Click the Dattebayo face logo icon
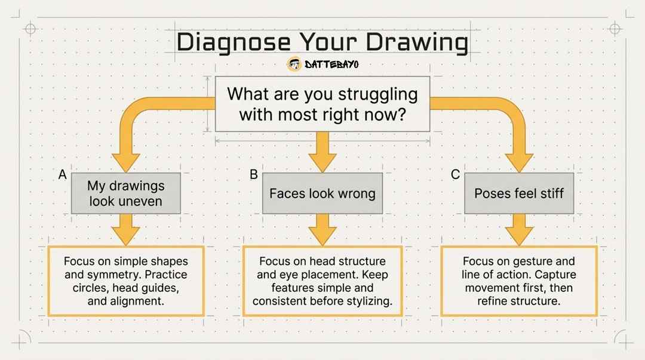(x=294, y=64)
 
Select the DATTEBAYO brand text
(x=331, y=64)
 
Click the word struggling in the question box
(x=378, y=95)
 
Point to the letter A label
(x=63, y=174)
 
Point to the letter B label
(x=254, y=174)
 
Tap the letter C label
(x=455, y=174)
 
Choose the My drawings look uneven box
(x=126, y=193)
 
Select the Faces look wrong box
(x=322, y=193)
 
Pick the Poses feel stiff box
(x=519, y=193)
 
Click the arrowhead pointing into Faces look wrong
(x=322, y=163)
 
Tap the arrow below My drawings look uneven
(x=126, y=230)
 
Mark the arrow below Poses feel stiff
(x=519, y=230)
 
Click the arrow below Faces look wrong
(x=322, y=230)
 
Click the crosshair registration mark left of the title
(x=30, y=29)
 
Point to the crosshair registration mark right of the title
(x=615, y=29)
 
